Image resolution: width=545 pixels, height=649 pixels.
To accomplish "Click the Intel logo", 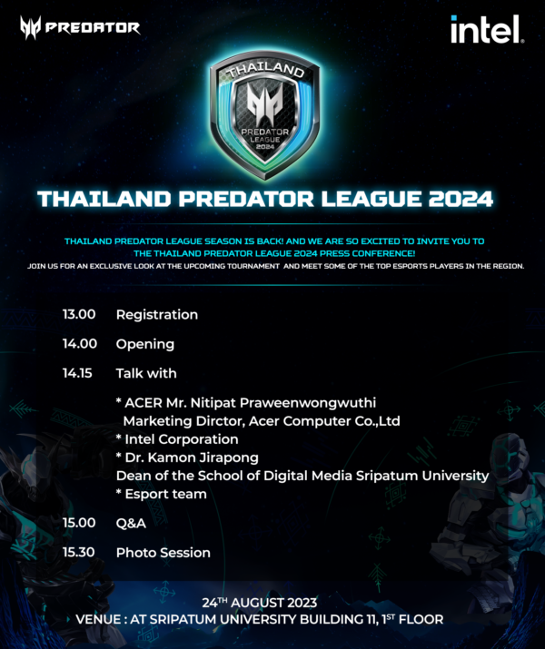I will click(x=486, y=29).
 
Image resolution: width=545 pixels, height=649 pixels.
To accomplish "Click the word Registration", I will click(x=156, y=315).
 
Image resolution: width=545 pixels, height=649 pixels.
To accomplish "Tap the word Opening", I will click(x=144, y=344).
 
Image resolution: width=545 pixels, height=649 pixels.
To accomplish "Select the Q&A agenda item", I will click(x=131, y=523).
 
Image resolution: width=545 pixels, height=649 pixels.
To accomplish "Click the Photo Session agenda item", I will click(x=163, y=552).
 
